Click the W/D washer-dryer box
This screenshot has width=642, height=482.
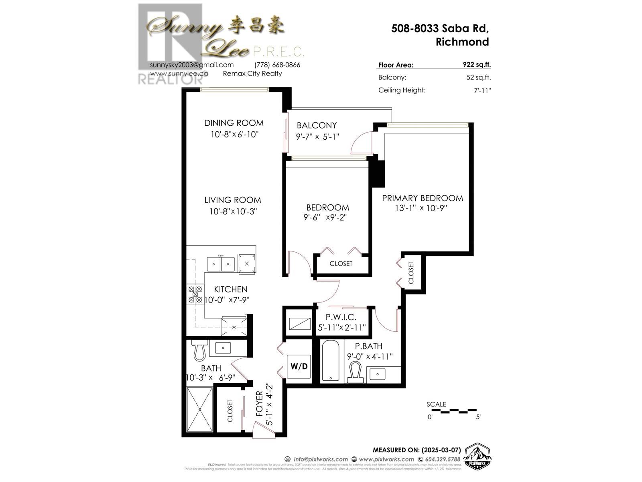pos(299,366)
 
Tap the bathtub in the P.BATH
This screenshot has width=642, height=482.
pos(331,361)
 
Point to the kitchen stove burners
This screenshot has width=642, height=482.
pos(195,295)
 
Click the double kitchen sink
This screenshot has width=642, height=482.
pos(221,264)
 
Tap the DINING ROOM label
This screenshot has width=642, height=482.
pos(234,123)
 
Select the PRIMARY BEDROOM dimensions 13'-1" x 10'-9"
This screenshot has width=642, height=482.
pos(421,208)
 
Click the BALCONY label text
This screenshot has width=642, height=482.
pos(317,125)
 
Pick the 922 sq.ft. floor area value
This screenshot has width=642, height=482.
pos(477,65)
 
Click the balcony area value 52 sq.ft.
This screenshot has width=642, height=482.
pos(478,78)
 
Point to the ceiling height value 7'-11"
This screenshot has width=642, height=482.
pos(482,90)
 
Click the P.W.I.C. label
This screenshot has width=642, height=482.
pos(341,317)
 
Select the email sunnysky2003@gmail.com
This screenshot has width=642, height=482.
pos(192,65)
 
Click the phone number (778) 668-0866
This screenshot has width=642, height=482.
pos(277,65)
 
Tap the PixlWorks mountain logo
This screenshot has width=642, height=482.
pos(477,456)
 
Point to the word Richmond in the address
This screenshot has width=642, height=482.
pos(462,42)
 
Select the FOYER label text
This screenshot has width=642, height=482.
pos(260,404)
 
